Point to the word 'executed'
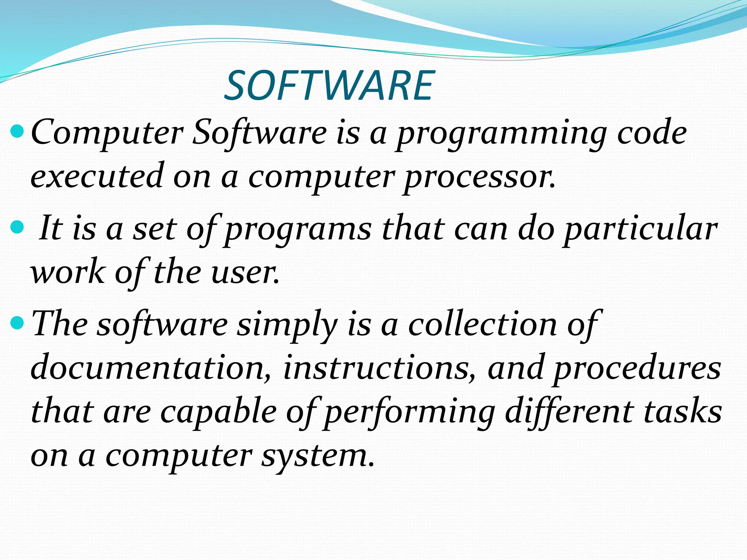point(97,176)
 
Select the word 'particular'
point(640,230)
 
